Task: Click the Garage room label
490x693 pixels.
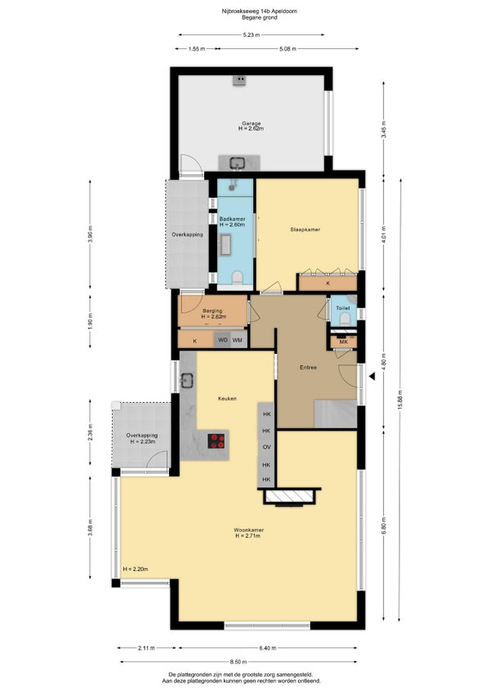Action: click(x=251, y=123)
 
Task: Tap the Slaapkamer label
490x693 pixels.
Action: click(x=305, y=230)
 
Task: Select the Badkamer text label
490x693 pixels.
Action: click(x=233, y=219)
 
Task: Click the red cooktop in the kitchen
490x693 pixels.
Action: click(x=217, y=440)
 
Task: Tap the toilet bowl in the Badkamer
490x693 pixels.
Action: click(x=238, y=278)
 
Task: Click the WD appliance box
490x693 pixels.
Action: click(x=223, y=340)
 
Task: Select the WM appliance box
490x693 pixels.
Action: click(x=238, y=340)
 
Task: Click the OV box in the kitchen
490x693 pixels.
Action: click(x=266, y=447)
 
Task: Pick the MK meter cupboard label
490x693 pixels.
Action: click(x=343, y=342)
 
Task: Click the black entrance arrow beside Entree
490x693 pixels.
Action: click(x=372, y=376)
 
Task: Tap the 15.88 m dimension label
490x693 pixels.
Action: click(x=400, y=400)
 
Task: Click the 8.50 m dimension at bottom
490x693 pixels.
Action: click(x=238, y=662)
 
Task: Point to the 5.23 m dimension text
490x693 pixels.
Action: click(x=251, y=35)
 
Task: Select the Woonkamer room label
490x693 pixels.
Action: click(x=249, y=530)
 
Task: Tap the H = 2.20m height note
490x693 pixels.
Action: click(x=136, y=569)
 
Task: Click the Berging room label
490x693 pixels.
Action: click(x=212, y=311)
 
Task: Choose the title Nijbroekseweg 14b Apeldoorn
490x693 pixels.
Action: click(x=260, y=11)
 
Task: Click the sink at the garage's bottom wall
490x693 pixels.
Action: click(x=238, y=163)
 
